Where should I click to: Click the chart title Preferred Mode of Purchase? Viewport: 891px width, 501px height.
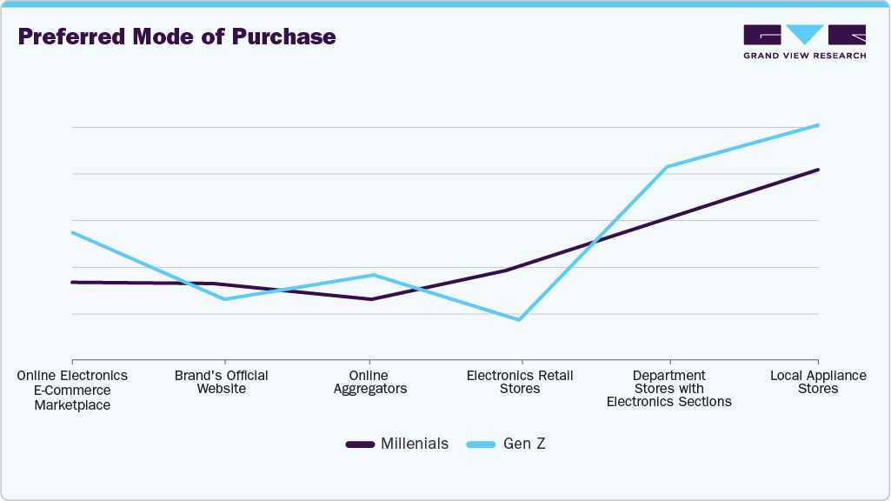click(x=176, y=37)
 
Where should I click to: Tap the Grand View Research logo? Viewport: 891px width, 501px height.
click(x=804, y=41)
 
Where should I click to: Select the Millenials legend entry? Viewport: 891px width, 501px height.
click(x=397, y=444)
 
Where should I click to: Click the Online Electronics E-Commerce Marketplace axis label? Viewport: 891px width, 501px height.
click(x=72, y=390)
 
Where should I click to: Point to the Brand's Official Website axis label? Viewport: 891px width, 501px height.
click(x=221, y=382)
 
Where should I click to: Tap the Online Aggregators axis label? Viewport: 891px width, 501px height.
click(x=370, y=382)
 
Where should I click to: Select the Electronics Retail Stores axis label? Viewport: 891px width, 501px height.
click(x=520, y=382)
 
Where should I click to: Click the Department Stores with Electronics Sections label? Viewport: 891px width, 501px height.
click(x=668, y=389)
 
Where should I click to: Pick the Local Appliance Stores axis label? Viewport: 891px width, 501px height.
click(x=818, y=382)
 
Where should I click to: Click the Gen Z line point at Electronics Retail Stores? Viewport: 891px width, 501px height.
click(x=520, y=319)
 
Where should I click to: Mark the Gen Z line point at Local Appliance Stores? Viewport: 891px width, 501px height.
click(x=818, y=125)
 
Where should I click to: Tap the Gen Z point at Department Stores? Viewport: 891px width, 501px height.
click(x=667, y=166)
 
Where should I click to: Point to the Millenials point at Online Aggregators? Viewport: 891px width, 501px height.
click(x=371, y=299)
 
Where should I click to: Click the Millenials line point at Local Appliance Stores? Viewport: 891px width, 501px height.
click(x=818, y=170)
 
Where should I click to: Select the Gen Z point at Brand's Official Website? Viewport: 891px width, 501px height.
click(x=223, y=299)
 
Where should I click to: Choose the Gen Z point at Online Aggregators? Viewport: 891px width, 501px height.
click(x=373, y=275)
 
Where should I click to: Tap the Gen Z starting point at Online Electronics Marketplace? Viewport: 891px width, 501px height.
click(x=73, y=232)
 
